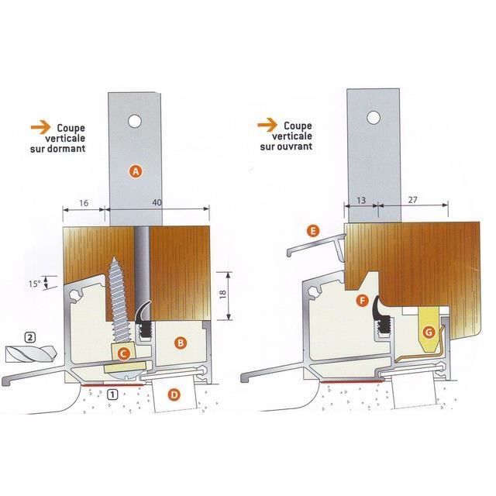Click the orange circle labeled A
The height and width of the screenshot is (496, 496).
[x=136, y=171]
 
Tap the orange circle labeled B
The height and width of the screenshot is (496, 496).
[x=181, y=343]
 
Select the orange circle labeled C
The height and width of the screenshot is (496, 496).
[x=124, y=353]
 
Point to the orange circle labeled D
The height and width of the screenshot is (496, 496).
[x=174, y=394]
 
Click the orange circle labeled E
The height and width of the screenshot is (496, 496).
[x=313, y=231]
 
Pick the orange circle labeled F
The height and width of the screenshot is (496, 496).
[x=362, y=300]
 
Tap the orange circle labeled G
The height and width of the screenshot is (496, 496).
[x=429, y=332]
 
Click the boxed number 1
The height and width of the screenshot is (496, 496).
[x=112, y=394]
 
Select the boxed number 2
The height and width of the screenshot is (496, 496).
[x=29, y=337]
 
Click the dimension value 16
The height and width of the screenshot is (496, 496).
[x=84, y=203]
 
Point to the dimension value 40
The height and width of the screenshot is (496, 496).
[x=157, y=202]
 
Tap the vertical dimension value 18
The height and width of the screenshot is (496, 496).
[x=222, y=293]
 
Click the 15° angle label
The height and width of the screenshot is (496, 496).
[x=34, y=284]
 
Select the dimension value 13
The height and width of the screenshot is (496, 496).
[x=361, y=200]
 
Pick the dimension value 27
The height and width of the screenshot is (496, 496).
[x=412, y=200]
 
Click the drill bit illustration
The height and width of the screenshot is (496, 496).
[x=31, y=353]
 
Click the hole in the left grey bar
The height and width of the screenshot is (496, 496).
[x=135, y=121]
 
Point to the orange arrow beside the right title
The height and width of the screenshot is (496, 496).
[x=267, y=125]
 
